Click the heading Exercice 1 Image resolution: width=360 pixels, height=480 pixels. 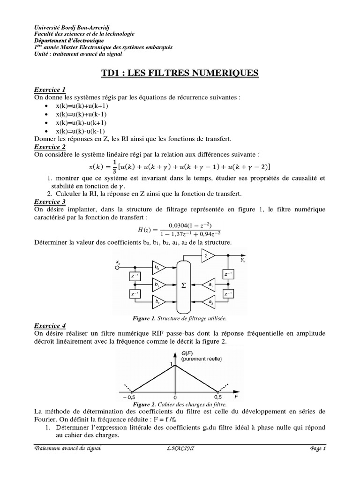click(x=50, y=90)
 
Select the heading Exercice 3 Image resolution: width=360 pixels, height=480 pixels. click(x=50, y=202)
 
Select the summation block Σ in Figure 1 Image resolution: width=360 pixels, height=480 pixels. click(x=183, y=284)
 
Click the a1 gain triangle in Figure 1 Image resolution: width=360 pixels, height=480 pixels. click(x=209, y=284)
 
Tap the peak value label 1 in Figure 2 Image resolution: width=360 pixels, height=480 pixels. click(x=172, y=364)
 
